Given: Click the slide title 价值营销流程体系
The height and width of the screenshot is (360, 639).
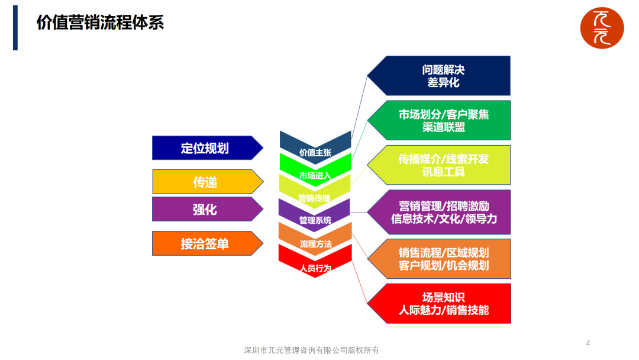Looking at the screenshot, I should pos(100,23).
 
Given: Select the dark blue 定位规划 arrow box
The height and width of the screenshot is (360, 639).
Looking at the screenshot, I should pos(205,148).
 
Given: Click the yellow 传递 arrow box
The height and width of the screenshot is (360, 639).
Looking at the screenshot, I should pos(205,182).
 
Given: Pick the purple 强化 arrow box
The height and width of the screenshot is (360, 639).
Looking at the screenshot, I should pos(205,209).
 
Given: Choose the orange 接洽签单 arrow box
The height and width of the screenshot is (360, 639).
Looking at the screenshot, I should pos(205,243).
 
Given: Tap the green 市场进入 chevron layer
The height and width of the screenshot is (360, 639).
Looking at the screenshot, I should pos(315,172).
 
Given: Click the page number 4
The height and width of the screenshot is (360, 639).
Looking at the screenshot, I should pos(588,343).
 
